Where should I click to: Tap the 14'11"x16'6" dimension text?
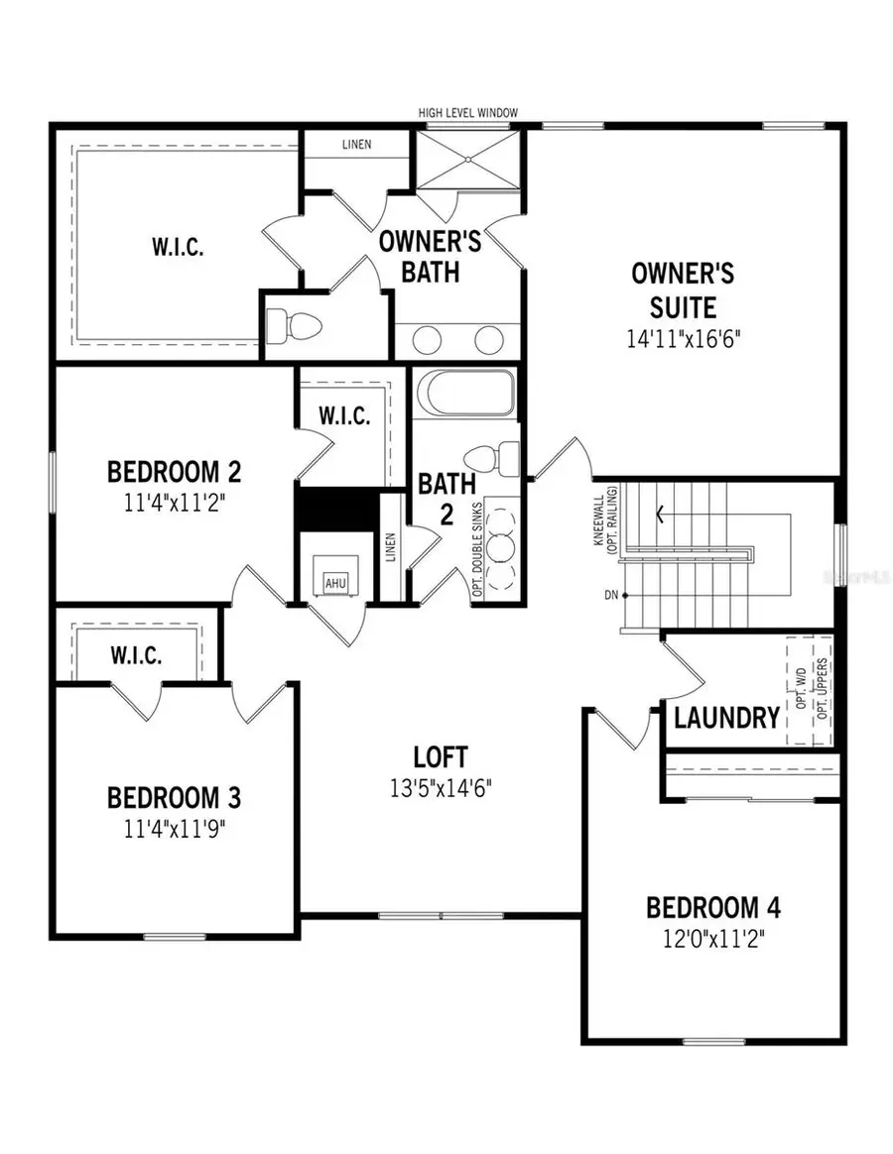coord(685,338)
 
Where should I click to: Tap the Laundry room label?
coord(726,718)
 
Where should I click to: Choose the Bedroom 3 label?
coord(175,797)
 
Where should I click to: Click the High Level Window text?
coord(467,114)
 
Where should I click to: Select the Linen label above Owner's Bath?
coord(356,145)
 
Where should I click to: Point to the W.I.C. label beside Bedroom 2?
coord(344,416)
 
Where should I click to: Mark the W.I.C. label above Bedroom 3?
coord(138,655)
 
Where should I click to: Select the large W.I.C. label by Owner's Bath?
coord(179,247)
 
